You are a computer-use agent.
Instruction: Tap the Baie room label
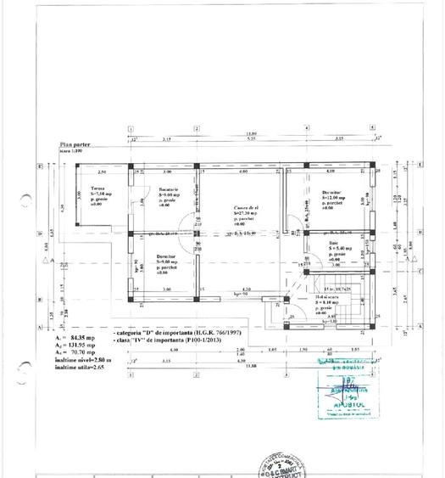point(334,243)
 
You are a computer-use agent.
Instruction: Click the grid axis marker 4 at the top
point(306,127)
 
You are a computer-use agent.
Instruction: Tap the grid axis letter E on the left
point(40,166)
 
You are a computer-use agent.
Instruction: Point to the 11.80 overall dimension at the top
point(253,133)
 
